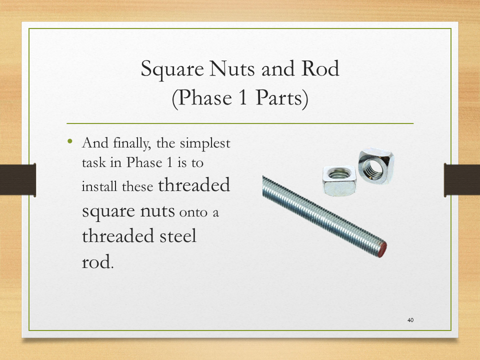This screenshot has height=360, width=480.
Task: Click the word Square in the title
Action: pyautogui.click(x=172, y=69)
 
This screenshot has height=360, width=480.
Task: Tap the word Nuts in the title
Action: pyautogui.click(x=232, y=68)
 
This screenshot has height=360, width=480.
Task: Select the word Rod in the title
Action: pyautogui.click(x=320, y=68)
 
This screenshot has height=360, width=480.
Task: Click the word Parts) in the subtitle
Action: pyautogui.click(x=281, y=98)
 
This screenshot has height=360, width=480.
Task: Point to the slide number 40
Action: pyautogui.click(x=410, y=320)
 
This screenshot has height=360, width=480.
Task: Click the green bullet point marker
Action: pyautogui.click(x=70, y=141)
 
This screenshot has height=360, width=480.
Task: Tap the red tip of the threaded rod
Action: pyautogui.click(x=382, y=249)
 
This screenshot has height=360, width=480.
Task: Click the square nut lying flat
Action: pyautogui.click(x=339, y=180)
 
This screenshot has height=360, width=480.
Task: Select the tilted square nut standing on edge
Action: pyautogui.click(x=376, y=165)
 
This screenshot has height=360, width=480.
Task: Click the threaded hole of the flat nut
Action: pyautogui.click(x=338, y=174)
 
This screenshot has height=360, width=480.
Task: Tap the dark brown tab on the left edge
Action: pyautogui.click(x=18, y=179)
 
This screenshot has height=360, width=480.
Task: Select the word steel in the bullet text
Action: pyautogui.click(x=178, y=235)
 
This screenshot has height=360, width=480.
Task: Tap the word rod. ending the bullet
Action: pyautogui.click(x=97, y=262)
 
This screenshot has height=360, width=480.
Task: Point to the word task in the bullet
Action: pyautogui.click(x=94, y=162)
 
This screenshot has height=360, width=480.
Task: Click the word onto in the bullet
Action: pyautogui.click(x=193, y=212)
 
